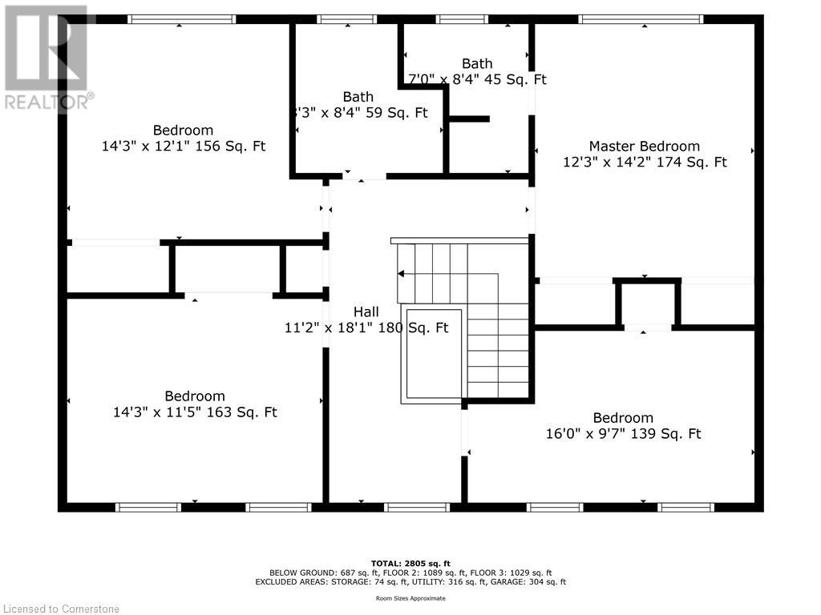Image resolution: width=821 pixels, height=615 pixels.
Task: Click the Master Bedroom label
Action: coord(644,146)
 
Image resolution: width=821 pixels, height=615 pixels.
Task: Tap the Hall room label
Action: coord(366,312)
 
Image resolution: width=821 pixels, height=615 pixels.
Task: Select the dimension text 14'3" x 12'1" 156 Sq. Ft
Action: coord(184,147)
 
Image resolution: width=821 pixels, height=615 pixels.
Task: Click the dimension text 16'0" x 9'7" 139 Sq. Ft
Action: coord(622,434)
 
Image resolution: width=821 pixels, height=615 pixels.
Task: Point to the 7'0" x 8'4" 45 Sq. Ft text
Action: coord(477,79)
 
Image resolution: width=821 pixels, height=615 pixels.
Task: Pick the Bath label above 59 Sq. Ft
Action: coord(358,97)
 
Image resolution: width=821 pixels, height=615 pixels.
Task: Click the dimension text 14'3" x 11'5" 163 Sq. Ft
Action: coord(195,412)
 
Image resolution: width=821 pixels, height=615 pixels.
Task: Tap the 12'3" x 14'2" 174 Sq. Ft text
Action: coord(645,162)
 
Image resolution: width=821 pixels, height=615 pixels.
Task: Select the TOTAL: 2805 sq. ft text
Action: coord(410,563)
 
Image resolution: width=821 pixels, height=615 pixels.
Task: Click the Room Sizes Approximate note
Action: coord(410,598)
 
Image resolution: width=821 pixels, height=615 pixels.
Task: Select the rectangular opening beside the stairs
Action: coord(434,353)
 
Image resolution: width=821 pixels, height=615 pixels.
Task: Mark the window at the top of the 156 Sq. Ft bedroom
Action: coord(181,19)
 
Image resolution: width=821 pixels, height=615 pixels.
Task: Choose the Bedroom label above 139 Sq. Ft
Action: coord(622,418)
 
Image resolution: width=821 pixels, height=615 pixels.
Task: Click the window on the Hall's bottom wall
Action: coord(417,507)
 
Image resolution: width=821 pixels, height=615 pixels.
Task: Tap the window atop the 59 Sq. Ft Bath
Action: coord(346,19)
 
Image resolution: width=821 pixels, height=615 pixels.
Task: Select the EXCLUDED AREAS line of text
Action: coord(410,582)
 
